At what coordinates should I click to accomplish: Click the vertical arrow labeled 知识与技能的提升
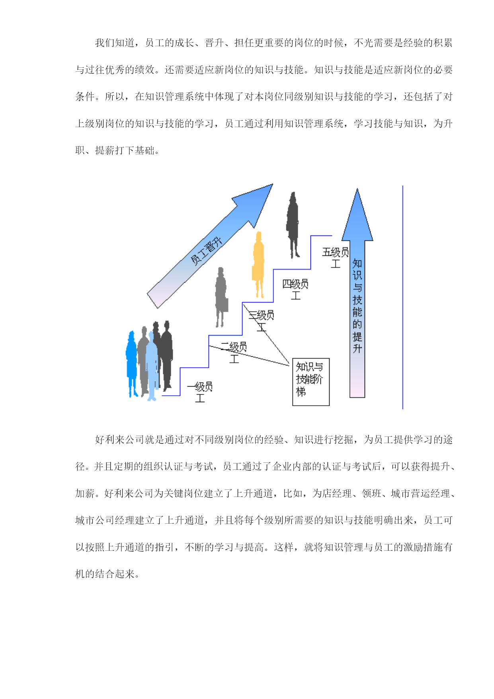point(357,293)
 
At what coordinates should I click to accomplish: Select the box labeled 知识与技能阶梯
point(311,382)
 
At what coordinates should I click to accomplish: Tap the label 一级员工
point(200,392)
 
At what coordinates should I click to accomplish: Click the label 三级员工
point(262,321)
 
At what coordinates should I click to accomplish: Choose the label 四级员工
point(295,289)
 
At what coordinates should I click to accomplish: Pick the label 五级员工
point(336,257)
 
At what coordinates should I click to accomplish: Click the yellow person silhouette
point(259,265)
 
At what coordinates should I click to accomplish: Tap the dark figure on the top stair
point(293,225)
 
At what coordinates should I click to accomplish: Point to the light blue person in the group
point(152,366)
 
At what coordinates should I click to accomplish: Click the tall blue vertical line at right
point(402,297)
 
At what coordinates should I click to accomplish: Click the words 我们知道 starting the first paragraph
point(115,43)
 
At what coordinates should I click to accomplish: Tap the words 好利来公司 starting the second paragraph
point(119,440)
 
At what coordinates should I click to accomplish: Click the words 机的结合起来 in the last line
point(105,574)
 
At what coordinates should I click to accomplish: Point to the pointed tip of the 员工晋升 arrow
point(273,184)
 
